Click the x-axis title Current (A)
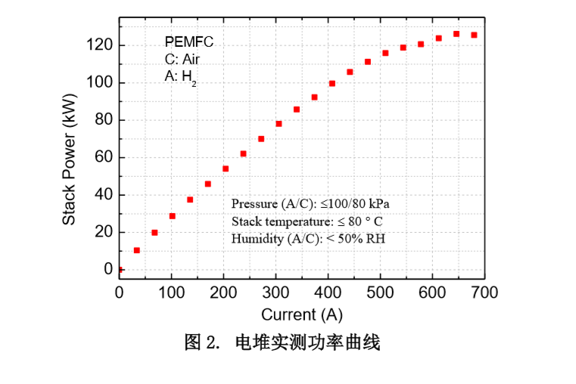coord(302,314)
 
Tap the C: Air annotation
coord(182,59)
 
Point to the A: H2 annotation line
coord(181,76)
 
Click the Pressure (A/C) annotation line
coord(310,204)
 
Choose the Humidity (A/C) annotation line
coord(309,239)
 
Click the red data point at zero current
coord(120,269)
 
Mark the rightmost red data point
coord(474,35)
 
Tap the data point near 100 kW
coord(332,83)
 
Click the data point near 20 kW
coord(154,233)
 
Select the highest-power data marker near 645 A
coord(456,34)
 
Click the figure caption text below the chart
coord(282,342)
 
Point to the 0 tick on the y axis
coord(108,269)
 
